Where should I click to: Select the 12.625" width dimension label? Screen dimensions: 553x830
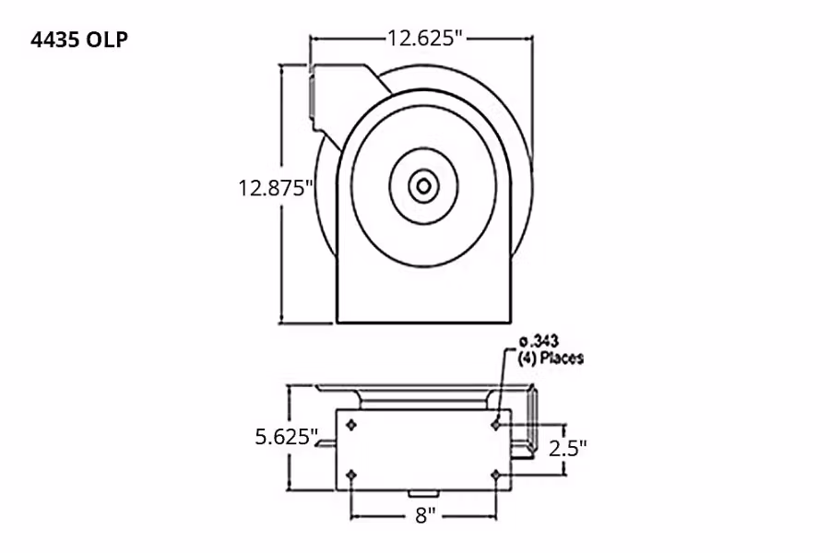(x=422, y=38)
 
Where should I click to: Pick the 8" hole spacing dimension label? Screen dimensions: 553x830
(x=424, y=515)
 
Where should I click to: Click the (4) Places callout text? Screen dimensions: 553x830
(x=551, y=358)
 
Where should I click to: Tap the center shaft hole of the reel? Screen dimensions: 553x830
(x=422, y=187)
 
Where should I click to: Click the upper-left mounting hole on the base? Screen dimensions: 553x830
(x=351, y=425)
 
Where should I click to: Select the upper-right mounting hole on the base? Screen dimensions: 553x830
(x=496, y=424)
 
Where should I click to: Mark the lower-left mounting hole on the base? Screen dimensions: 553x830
(x=351, y=475)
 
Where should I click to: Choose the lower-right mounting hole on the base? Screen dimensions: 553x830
(x=496, y=475)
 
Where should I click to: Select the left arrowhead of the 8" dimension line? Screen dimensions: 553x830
(x=356, y=514)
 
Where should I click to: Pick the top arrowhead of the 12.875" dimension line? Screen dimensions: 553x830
(x=282, y=70)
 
